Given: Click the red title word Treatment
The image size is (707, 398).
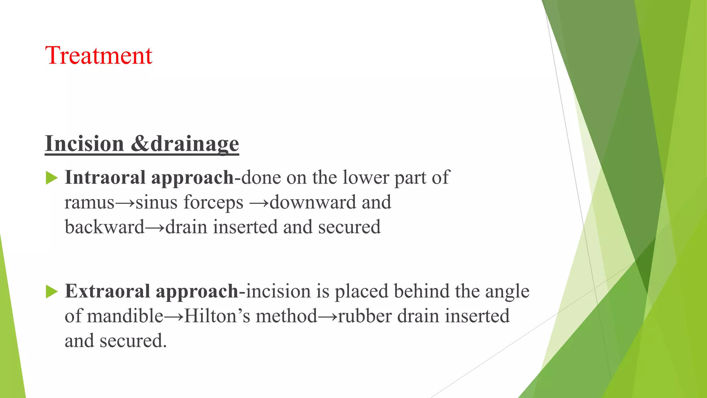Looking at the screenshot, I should point(99,56).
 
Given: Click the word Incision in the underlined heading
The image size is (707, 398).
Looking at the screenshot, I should point(85,144).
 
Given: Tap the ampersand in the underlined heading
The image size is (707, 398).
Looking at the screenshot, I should point(140,144).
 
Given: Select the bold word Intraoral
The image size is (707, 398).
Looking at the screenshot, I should point(105,178).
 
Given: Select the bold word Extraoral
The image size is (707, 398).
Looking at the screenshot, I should point(107,291).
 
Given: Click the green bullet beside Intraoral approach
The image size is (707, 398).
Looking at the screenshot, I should point(51,178).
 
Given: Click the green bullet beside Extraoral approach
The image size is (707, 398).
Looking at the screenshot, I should point(51,292).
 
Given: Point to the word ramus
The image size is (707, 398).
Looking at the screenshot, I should point(89,202).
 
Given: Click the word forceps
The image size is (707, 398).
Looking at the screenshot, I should point(214,202).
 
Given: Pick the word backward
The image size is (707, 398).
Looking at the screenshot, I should point(104,227).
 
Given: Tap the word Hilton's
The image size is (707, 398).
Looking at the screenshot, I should point(217,316).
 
